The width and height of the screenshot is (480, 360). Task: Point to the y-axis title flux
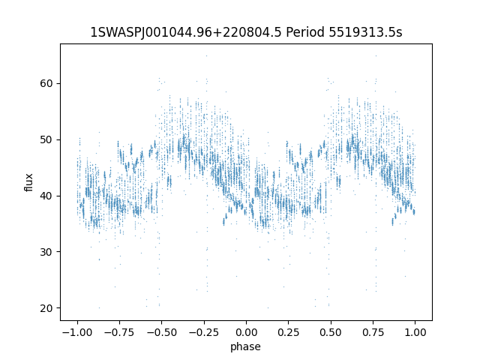(x=29, y=182)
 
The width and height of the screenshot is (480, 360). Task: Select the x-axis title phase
(x=246, y=346)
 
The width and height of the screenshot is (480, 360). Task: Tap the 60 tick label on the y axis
(x=46, y=83)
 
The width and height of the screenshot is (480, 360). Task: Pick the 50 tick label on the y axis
(x=46, y=139)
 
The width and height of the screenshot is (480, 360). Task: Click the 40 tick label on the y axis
(x=46, y=196)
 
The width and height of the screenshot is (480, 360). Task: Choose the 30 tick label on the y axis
(x=46, y=252)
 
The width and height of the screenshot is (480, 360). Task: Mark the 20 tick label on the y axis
(x=46, y=308)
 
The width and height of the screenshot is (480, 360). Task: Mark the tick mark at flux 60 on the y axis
(x=58, y=83)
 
